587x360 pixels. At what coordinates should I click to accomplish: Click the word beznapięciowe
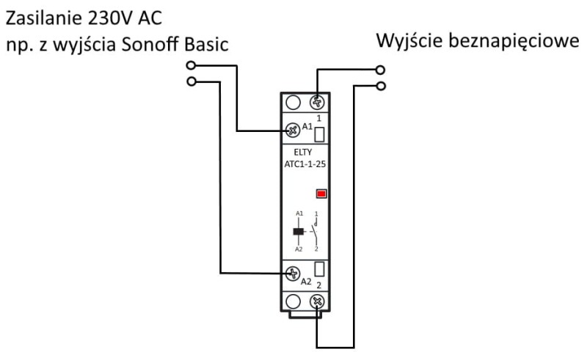(x=514, y=40)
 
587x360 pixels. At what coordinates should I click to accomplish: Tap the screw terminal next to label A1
(x=293, y=129)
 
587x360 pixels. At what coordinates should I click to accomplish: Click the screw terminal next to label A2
(x=293, y=274)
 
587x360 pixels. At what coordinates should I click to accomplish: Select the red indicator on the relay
(x=321, y=194)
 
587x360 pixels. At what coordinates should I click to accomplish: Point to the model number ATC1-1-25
(x=305, y=165)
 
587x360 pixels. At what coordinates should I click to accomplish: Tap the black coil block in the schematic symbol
(x=299, y=232)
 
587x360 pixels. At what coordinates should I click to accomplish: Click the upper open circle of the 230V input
(x=192, y=66)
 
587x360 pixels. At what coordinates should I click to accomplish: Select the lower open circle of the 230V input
(x=192, y=81)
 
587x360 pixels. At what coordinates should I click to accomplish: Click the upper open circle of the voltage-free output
(x=379, y=71)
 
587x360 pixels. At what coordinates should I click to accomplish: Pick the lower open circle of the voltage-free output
(x=379, y=86)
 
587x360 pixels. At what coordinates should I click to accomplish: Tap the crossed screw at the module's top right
(x=318, y=102)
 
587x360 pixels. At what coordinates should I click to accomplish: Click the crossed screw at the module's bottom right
(x=318, y=301)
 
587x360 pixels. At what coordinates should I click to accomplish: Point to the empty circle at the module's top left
(x=293, y=102)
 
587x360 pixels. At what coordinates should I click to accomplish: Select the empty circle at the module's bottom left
(x=293, y=301)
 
